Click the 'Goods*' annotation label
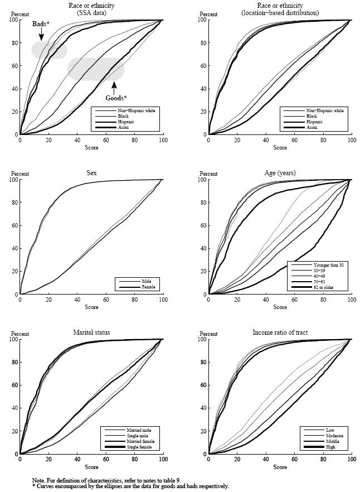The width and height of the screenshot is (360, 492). click(116, 98)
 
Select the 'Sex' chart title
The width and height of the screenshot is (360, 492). click(91, 173)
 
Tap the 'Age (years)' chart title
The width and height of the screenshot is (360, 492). click(280, 173)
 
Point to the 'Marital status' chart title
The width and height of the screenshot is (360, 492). click(91, 332)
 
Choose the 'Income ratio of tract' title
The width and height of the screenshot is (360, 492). click(280, 332)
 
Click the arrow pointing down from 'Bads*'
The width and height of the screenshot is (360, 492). click(41, 36)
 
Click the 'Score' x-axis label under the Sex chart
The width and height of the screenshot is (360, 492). click(91, 307)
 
